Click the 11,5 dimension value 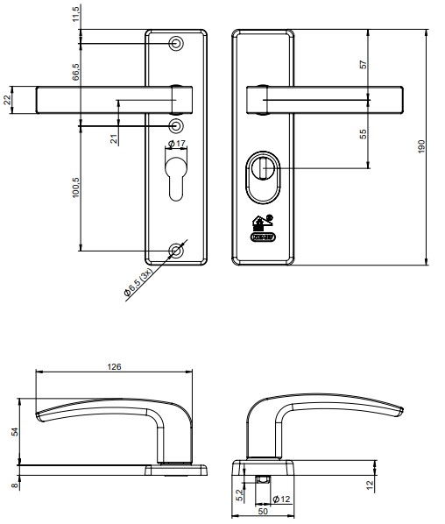point(76,14)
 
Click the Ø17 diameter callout point(175,143)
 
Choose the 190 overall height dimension point(421,146)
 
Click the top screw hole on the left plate point(177,43)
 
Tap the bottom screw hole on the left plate point(177,251)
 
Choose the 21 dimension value point(115,138)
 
